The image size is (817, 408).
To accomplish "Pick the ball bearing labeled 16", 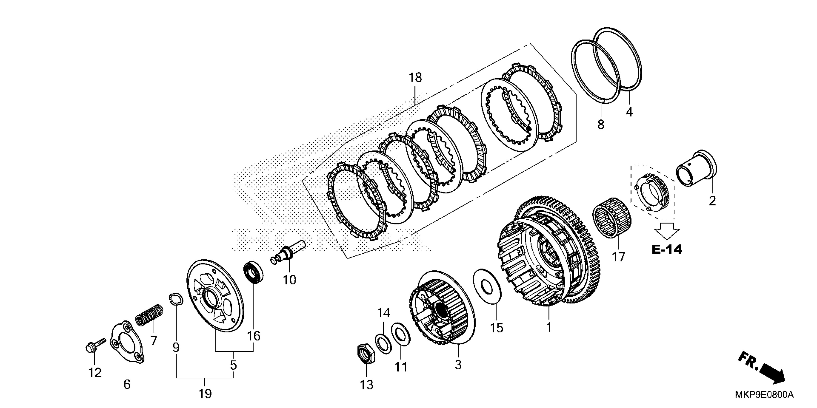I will click(x=253, y=272).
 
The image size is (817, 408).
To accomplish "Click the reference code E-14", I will click(x=667, y=250).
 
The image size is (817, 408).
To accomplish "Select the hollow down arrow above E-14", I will click(x=667, y=230).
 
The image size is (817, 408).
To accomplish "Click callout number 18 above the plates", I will click(x=415, y=77).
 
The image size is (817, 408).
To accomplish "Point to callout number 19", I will click(x=205, y=394).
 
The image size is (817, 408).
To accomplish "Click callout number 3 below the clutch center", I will click(x=458, y=365).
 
